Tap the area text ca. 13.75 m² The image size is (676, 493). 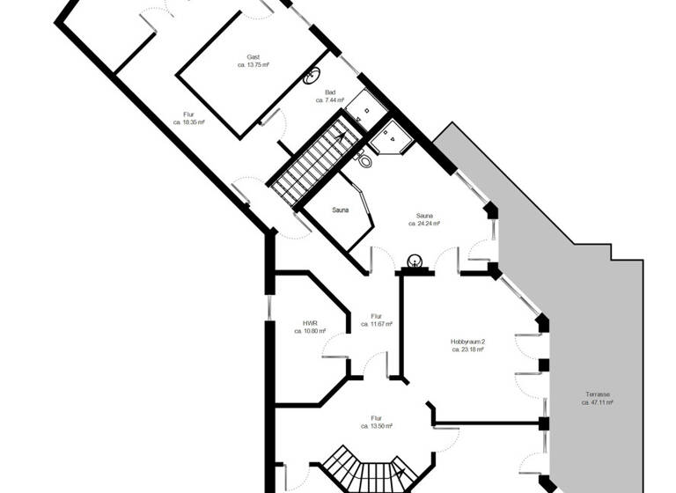point(253,65)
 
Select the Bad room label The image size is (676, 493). point(330,92)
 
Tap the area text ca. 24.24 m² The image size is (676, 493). point(424,224)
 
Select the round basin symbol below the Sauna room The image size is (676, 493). point(413,261)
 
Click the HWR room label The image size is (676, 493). point(310,323)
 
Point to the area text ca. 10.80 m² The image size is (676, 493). point(310,332)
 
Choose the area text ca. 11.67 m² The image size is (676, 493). point(376,324)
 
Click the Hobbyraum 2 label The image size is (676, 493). point(468,341)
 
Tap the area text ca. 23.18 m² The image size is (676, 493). point(468,350)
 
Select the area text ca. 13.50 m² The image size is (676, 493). point(376,426)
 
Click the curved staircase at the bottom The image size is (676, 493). point(366,471)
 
